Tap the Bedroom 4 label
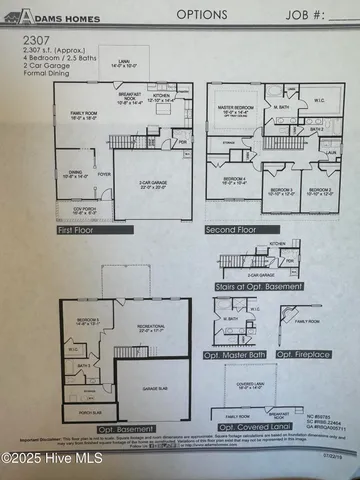234,181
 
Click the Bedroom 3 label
280,190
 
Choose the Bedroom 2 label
320,190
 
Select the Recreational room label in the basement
149,326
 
